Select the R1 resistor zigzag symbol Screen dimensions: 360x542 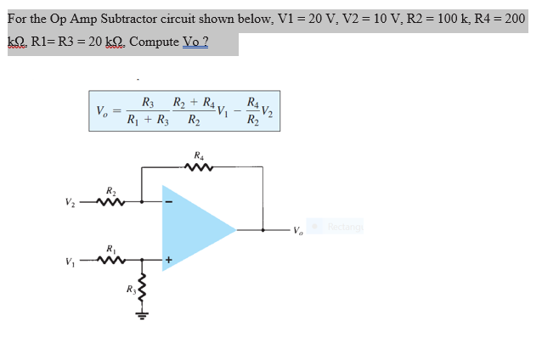(x=110, y=262)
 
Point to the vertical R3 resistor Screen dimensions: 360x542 (x=142, y=289)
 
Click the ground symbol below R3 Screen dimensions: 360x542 (x=142, y=317)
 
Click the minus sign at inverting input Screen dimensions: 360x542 (x=167, y=203)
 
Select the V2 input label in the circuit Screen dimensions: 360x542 (x=71, y=203)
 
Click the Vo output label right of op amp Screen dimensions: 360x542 (x=296, y=229)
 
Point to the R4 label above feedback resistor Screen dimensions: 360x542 (x=199, y=155)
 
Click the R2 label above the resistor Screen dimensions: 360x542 (x=111, y=190)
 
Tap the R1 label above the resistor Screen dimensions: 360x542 (x=111, y=249)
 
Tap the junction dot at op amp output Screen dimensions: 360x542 (x=238, y=228)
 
